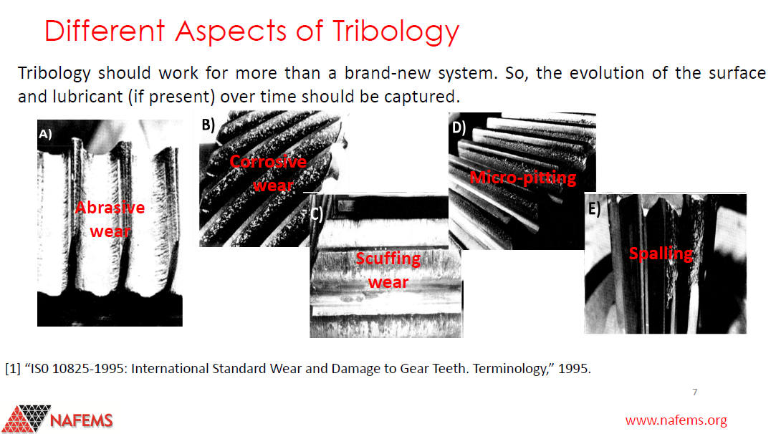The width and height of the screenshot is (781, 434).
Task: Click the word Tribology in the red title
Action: (396, 32)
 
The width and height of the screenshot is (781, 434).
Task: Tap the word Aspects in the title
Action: (231, 31)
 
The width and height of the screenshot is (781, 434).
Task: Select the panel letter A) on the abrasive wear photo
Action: (45, 134)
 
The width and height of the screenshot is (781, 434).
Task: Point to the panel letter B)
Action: (209, 125)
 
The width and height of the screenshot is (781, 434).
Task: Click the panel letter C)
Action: (317, 214)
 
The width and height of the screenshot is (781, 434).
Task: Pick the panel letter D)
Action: (459, 128)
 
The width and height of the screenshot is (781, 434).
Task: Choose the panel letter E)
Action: (594, 208)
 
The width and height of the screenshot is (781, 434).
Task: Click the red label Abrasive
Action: (110, 207)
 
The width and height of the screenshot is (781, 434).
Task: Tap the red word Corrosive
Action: (268, 161)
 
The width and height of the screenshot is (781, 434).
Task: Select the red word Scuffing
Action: (388, 259)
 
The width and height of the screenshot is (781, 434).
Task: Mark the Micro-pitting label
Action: (523, 178)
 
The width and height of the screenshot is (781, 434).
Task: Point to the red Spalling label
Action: (661, 254)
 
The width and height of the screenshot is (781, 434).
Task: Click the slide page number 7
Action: (695, 392)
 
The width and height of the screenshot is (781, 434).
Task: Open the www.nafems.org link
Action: (676, 420)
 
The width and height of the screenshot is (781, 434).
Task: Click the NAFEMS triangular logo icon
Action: (26, 418)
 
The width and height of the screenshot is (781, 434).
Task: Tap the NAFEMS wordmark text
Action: (82, 420)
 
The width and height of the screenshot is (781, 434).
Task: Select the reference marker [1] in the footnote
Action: (12, 369)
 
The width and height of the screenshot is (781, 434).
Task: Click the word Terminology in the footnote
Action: (513, 369)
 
